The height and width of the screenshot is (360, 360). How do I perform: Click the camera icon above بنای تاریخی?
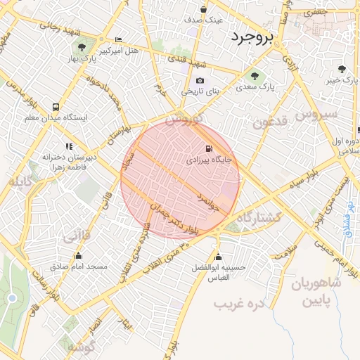(x=200, y=81)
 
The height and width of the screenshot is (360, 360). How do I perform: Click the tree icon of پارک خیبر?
(x=342, y=69)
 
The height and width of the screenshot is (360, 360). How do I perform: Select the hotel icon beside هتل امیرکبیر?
(x=117, y=39)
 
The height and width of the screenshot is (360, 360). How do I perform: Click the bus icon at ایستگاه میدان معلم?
(x=56, y=107)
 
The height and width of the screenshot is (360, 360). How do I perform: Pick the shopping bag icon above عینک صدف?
(x=203, y=9)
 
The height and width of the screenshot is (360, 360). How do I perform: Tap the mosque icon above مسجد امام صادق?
(x=77, y=256)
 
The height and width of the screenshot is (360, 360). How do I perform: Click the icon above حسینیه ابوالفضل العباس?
(x=219, y=256)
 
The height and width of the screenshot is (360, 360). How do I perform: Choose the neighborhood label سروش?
(x=317, y=112)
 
